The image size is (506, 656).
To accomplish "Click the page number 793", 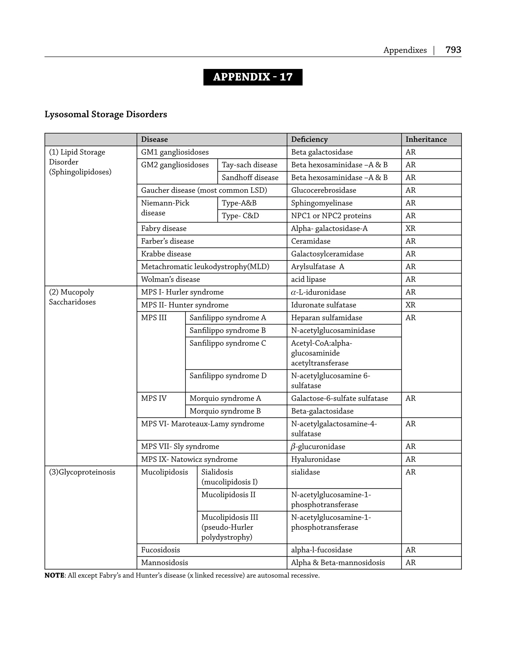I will (x=453, y=50).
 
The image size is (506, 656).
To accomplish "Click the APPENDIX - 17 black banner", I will (x=253, y=77).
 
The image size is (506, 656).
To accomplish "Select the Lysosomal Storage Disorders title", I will (x=106, y=114).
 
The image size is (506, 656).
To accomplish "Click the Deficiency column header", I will (x=309, y=139).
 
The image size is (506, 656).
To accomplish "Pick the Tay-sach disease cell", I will (x=249, y=165).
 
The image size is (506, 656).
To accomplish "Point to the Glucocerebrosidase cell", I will (x=323, y=190).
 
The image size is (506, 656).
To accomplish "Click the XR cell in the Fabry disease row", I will (x=410, y=229).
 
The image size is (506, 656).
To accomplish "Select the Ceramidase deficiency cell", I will (x=311, y=241).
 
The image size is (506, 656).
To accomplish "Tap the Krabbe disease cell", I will (x=166, y=254).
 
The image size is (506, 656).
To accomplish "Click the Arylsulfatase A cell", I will (x=317, y=267).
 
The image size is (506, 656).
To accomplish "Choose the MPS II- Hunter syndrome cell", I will (x=185, y=305).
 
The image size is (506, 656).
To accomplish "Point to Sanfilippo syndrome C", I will (x=228, y=343).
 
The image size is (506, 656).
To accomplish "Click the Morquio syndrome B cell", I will (x=225, y=411).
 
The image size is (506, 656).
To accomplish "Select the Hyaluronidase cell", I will (x=315, y=459).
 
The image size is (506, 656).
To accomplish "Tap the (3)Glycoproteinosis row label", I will (x=82, y=472).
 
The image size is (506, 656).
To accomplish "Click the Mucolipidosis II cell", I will (x=228, y=495).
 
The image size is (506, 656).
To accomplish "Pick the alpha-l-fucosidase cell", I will (x=321, y=550).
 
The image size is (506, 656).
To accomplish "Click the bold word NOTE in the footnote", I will (x=54, y=575).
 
